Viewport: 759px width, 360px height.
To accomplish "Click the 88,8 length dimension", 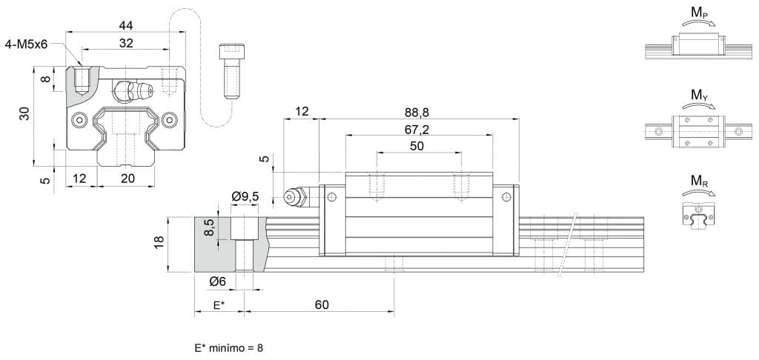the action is pos(419,113).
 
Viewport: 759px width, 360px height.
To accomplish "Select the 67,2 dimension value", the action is pos(419,129).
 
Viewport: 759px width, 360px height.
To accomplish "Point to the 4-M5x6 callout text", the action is pos(26,44).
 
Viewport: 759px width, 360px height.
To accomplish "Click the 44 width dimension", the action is pos(126,25).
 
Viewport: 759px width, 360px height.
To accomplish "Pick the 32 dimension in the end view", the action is pos(126,43).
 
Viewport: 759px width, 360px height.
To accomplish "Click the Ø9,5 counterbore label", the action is pos(245,196).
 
